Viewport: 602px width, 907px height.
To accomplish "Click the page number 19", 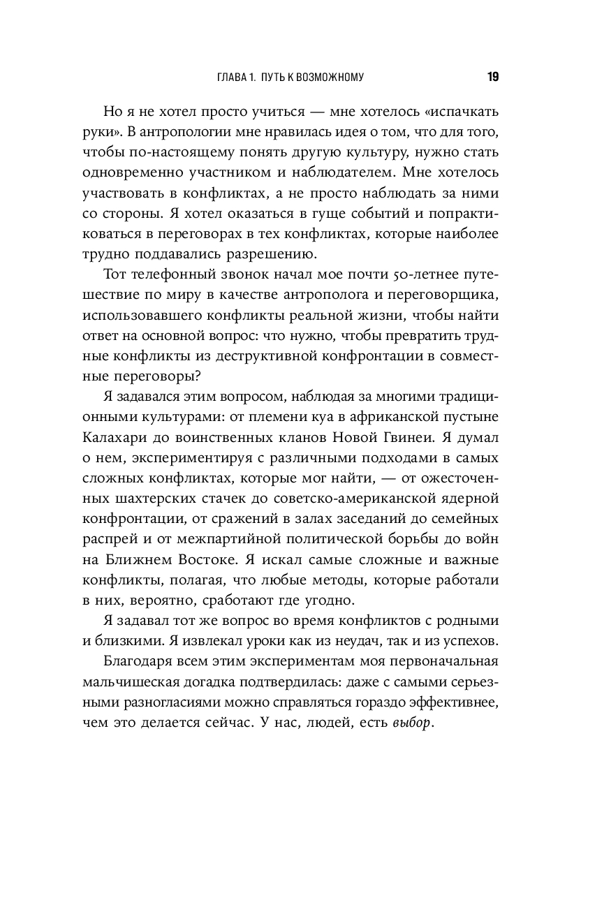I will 492,77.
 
